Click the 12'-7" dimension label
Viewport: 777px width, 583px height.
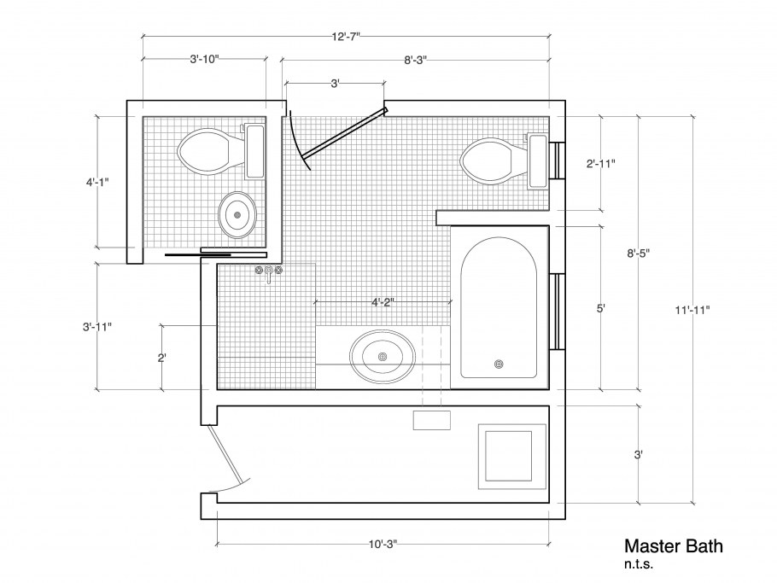click(346, 37)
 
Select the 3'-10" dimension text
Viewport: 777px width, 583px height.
click(204, 60)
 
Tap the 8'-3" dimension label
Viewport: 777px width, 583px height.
click(415, 61)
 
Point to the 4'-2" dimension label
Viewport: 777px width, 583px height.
click(383, 302)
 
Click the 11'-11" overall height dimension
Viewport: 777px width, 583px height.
click(692, 311)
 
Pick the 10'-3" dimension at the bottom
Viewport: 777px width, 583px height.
click(383, 545)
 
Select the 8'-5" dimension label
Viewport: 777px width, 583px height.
click(639, 254)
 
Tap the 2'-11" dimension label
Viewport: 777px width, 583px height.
click(601, 163)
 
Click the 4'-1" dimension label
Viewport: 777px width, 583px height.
click(97, 183)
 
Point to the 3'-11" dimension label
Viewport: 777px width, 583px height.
click(97, 327)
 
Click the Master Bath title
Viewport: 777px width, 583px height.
click(674, 546)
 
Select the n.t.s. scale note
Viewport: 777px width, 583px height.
click(639, 564)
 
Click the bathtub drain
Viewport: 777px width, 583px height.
click(499, 364)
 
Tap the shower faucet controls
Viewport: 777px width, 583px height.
click(269, 272)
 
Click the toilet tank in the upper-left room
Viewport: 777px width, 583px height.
click(255, 151)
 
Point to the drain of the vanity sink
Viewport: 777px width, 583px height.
click(382, 357)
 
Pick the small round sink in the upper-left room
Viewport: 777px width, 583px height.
click(238, 215)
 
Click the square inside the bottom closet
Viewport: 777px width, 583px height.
click(508, 456)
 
